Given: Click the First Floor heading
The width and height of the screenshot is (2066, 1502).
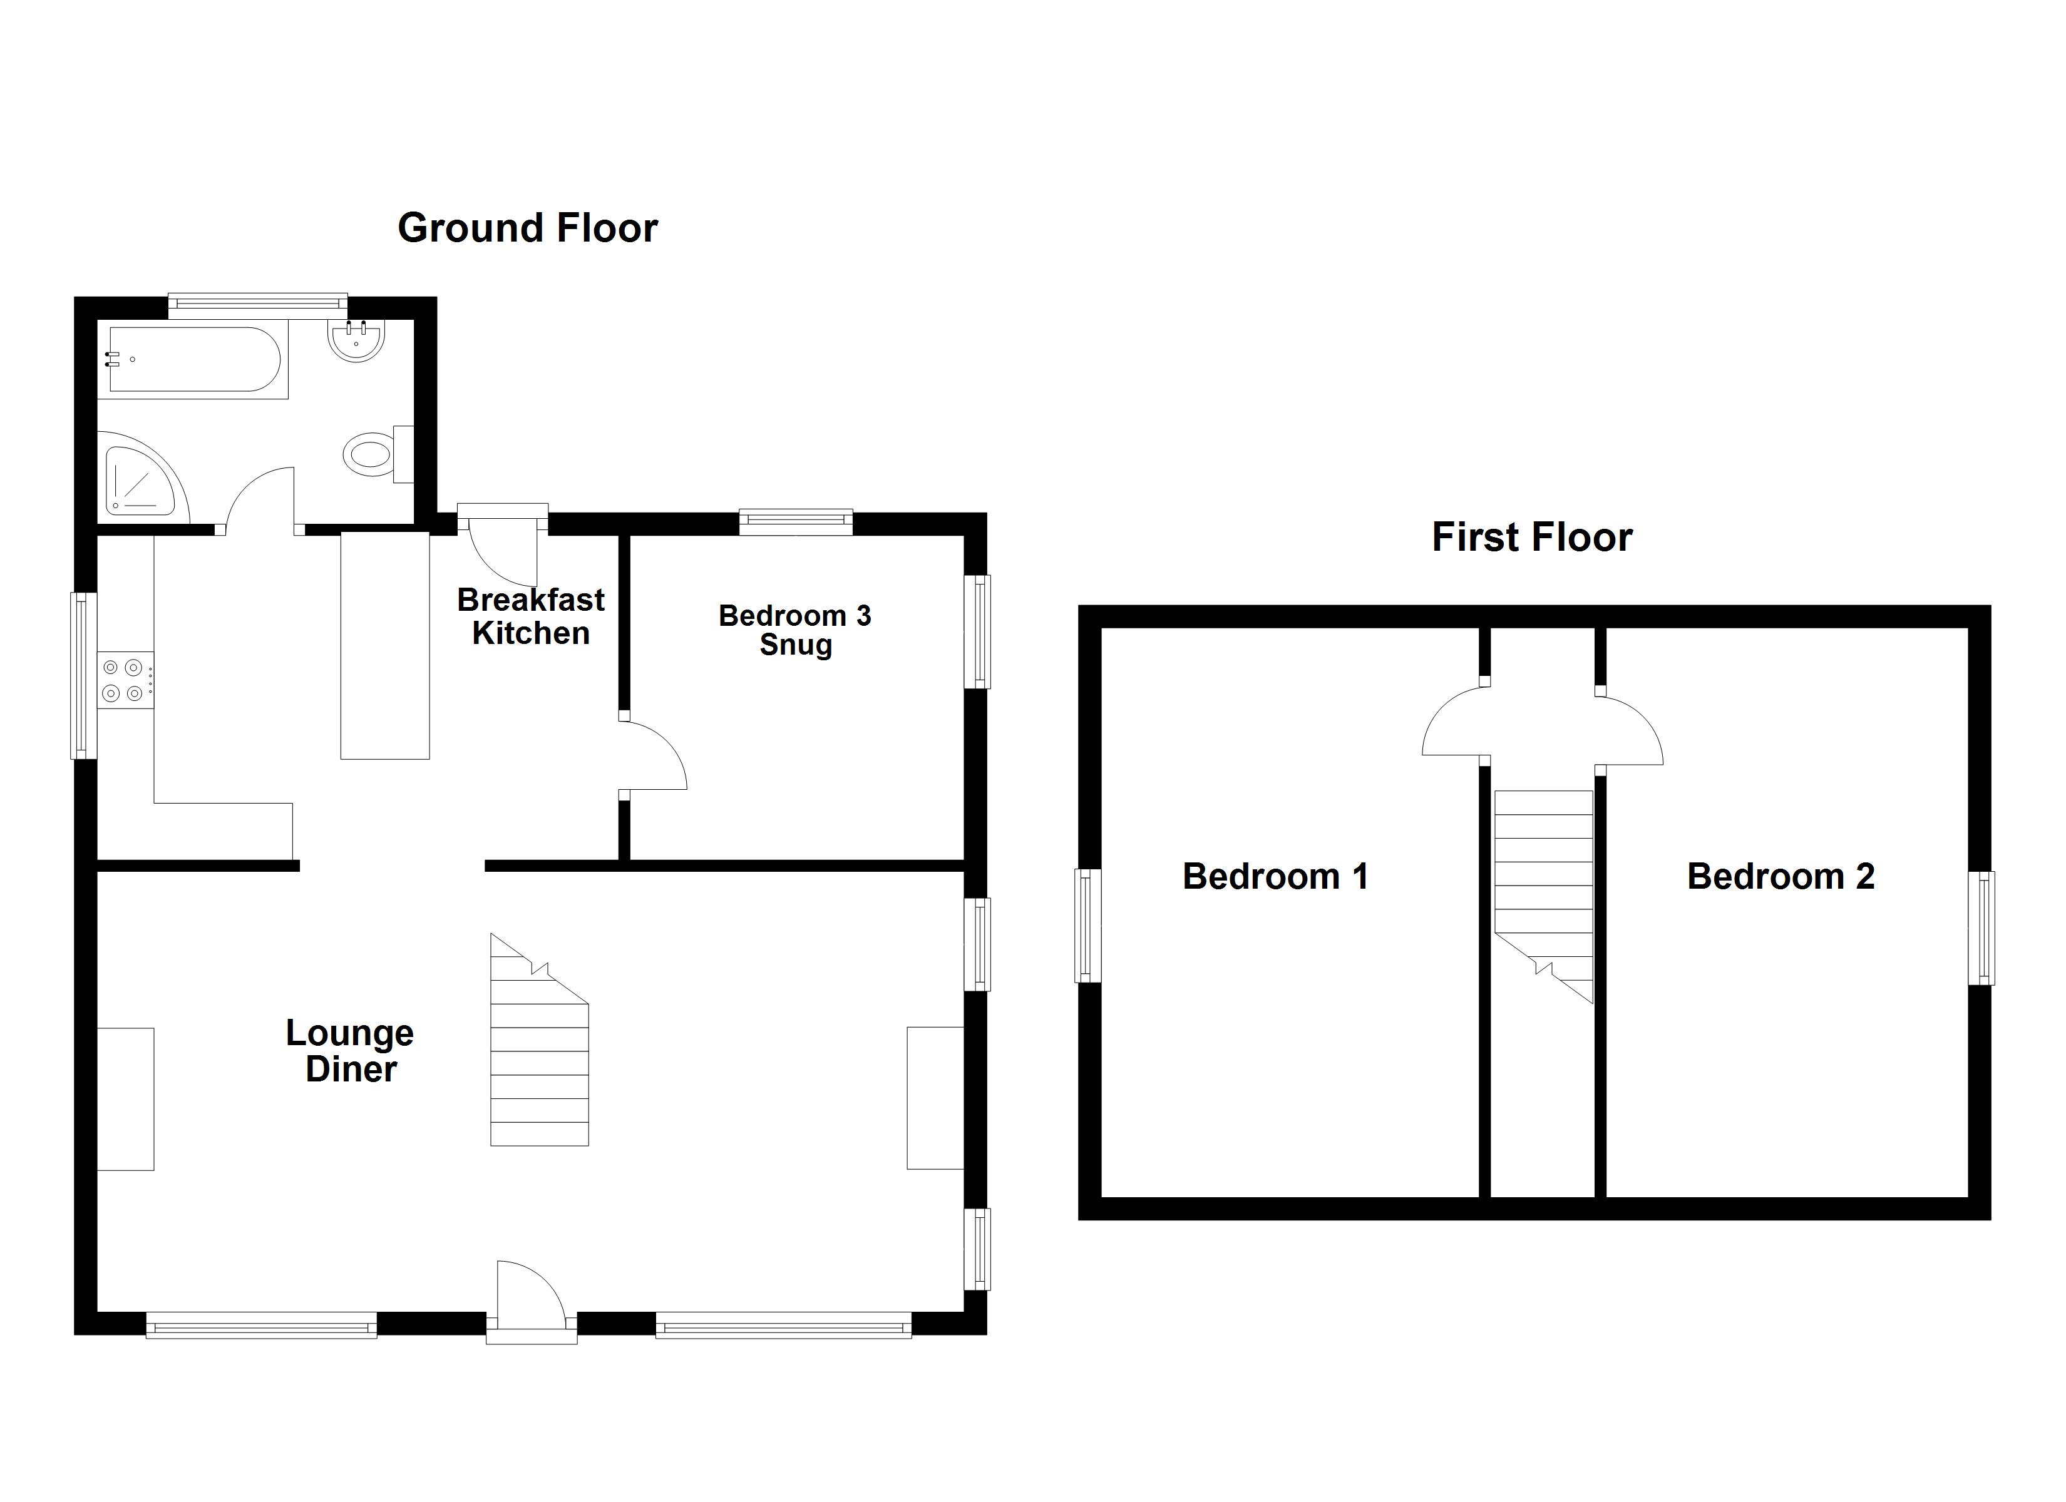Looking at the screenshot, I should (1531, 538).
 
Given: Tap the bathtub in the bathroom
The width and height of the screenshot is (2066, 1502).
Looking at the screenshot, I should (193, 360).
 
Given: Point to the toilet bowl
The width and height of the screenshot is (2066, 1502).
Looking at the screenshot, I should (370, 452).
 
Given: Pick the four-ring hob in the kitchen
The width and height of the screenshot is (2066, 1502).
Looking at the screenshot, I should (125, 680).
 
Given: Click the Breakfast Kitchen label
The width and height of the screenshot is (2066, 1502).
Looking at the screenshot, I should (530, 616).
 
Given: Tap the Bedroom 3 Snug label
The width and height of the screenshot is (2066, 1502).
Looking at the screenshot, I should (794, 630).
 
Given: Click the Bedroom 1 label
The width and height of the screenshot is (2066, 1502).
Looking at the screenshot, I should (1275, 876).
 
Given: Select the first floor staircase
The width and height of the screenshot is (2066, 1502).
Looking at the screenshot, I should (1543, 884).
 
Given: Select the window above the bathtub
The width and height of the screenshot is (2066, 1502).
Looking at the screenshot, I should (258, 305).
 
